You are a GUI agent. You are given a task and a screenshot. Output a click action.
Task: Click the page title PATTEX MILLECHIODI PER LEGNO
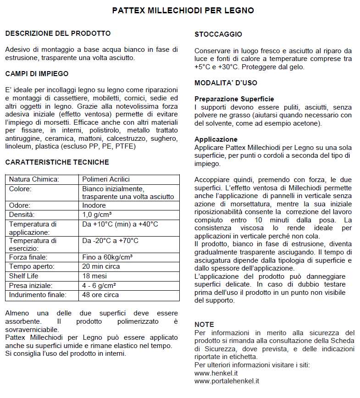[183, 10]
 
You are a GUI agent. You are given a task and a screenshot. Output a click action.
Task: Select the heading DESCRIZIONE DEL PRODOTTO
[58, 33]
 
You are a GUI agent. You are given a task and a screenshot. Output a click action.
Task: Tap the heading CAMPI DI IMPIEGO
[37, 73]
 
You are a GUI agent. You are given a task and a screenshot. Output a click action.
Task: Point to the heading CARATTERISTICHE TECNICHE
[57, 162]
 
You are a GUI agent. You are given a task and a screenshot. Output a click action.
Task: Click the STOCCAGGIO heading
[218, 34]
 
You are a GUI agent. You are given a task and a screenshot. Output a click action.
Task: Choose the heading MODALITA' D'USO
[226, 83]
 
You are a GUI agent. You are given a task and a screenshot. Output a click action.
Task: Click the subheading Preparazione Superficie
[234, 99]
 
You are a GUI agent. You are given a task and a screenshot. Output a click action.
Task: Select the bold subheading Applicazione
[216, 139]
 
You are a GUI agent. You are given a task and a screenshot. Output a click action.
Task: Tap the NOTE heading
[204, 325]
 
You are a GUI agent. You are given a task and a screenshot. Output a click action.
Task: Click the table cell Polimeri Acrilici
[106, 179]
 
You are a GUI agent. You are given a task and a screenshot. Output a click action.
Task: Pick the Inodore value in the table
[94, 205]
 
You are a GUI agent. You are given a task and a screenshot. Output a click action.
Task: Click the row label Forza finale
[28, 257]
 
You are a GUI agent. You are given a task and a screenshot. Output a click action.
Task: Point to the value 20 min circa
[101, 266]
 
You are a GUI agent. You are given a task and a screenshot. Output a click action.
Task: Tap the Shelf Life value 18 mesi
[94, 276]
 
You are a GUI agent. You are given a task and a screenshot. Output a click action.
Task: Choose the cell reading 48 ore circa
[100, 295]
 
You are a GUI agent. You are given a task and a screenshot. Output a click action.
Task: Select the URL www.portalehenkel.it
[227, 381]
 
